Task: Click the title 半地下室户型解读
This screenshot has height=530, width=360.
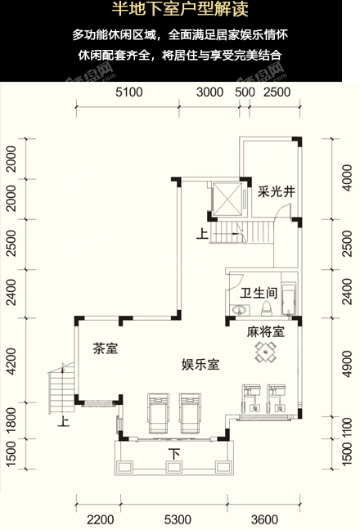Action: [179, 12]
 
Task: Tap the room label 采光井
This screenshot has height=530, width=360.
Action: [275, 193]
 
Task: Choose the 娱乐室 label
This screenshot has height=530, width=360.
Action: [200, 365]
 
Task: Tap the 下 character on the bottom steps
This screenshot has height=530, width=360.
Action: [173, 454]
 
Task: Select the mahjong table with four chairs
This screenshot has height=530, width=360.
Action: [265, 352]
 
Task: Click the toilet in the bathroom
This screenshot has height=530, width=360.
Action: [265, 308]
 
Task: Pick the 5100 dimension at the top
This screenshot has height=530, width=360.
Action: [129, 92]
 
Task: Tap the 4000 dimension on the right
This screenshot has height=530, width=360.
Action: [347, 179]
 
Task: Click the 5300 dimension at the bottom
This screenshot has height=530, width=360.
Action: [178, 519]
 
